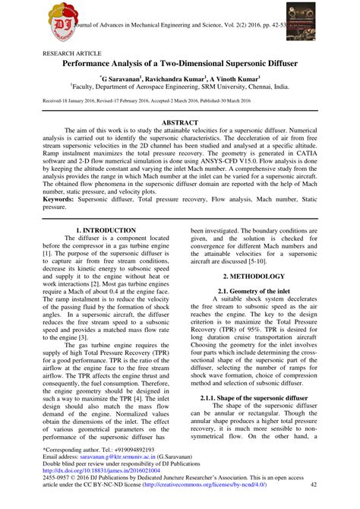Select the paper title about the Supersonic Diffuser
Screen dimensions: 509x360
(x=179, y=66)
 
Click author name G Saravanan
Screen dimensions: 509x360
(x=124, y=78)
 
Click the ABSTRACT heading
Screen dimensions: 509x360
(x=179, y=122)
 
